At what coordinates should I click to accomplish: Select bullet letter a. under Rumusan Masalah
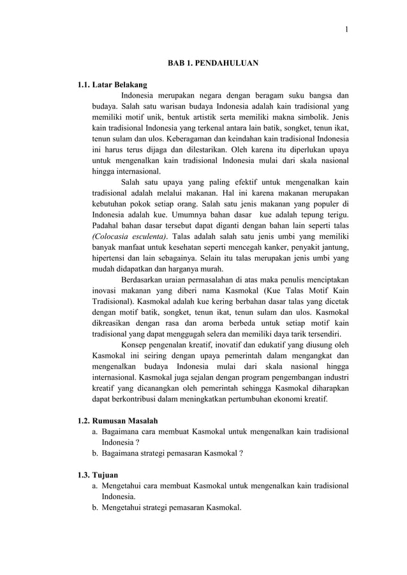tap(96, 432)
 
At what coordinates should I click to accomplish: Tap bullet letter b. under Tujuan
tap(96, 507)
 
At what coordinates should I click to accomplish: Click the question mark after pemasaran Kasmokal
tap(240, 454)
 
